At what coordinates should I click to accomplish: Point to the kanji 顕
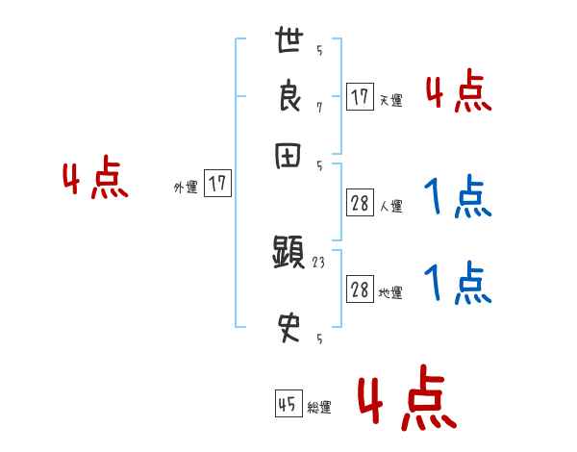[x=288, y=255]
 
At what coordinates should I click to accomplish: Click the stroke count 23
[x=319, y=262]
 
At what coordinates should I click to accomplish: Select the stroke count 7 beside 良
[x=319, y=108]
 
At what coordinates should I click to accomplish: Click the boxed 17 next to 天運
[x=360, y=97]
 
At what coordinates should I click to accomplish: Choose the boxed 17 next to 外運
[x=219, y=185]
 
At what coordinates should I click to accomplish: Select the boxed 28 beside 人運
[x=360, y=203]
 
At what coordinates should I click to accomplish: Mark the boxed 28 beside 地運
[x=360, y=290]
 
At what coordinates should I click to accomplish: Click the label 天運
[x=390, y=100]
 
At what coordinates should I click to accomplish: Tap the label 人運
[x=390, y=206]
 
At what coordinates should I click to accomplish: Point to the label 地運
[x=390, y=293]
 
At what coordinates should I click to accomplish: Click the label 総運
[x=319, y=408]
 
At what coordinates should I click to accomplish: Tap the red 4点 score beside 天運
[x=458, y=92]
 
